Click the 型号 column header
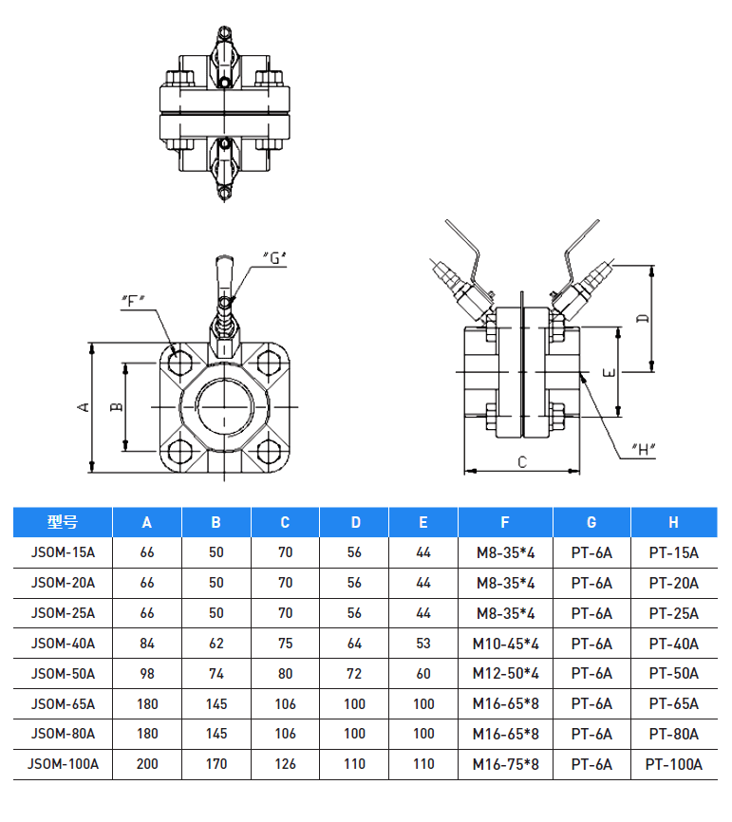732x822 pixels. (63, 522)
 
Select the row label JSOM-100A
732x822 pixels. (63, 764)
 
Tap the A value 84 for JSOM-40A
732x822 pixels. (147, 644)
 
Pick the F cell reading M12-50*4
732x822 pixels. (505, 674)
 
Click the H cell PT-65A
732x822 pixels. (673, 704)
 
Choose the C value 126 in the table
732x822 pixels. (286, 764)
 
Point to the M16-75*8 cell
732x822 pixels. (505, 764)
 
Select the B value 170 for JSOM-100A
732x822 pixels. (216, 764)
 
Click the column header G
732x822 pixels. (591, 522)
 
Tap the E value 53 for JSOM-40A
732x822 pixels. (422, 644)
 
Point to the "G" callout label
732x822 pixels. (273, 257)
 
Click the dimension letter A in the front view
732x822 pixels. (84, 406)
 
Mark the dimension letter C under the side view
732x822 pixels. (522, 462)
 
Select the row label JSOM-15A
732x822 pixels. (63, 552)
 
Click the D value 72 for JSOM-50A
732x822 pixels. (355, 674)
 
